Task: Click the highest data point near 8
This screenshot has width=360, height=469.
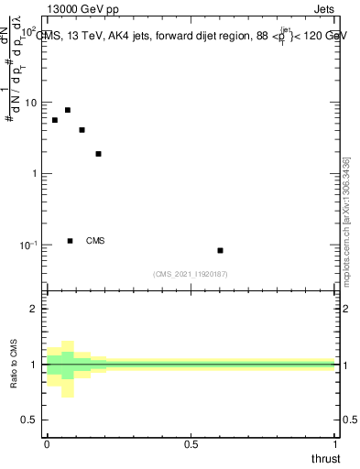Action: (68, 110)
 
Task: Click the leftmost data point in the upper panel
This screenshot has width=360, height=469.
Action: (55, 120)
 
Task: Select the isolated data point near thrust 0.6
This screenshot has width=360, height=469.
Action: (220, 250)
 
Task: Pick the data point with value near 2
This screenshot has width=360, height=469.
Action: (98, 154)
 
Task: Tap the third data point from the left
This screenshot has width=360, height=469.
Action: (82, 130)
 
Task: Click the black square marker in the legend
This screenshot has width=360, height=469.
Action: (71, 241)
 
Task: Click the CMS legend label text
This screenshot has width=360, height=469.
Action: (95, 241)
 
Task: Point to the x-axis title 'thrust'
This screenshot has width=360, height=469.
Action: (325, 457)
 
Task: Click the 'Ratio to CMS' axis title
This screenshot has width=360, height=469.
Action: (16, 365)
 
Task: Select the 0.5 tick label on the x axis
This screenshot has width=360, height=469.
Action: (191, 444)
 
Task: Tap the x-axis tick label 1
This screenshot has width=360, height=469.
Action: (337, 444)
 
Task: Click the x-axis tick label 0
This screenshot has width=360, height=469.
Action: (47, 444)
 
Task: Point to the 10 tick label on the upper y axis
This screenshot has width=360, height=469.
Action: (31, 103)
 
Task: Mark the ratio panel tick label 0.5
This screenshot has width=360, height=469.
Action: (30, 420)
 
